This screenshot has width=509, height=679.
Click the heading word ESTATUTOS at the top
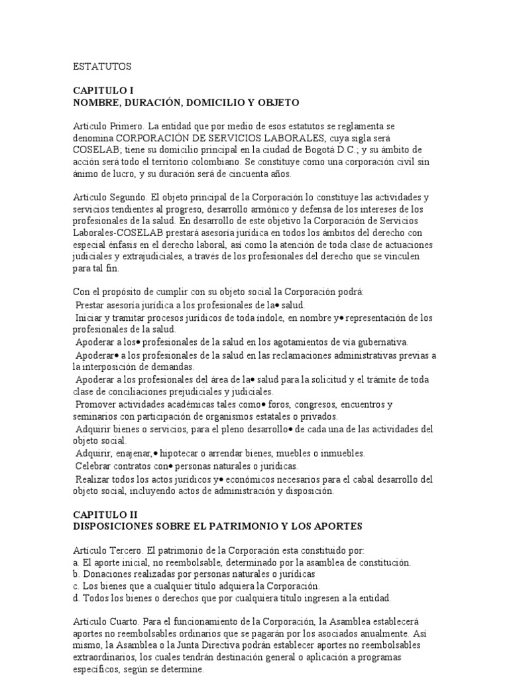click(102, 66)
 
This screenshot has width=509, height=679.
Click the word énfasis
click(123, 245)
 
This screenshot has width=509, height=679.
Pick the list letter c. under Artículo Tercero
click(76, 586)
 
